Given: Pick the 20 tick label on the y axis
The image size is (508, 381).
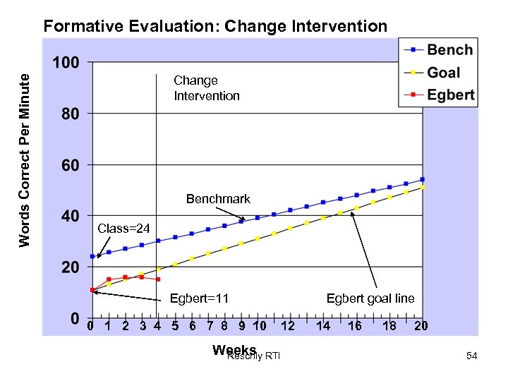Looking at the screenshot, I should [69, 267].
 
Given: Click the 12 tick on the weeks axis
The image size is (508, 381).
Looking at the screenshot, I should [287, 326].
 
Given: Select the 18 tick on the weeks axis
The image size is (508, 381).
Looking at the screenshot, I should [389, 326].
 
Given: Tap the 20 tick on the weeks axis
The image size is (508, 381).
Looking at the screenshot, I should [421, 326].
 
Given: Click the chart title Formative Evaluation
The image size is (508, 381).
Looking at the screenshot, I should [215, 27].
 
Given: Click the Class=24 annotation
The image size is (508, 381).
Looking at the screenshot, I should [123, 229].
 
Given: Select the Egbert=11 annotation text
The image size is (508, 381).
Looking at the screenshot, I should [199, 298].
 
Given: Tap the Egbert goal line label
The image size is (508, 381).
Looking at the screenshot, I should [370, 298].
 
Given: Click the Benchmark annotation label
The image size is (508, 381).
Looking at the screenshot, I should [218, 199].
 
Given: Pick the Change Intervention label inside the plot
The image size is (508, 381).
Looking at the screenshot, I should [207, 88].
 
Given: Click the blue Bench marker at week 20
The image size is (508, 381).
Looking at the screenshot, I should [423, 179].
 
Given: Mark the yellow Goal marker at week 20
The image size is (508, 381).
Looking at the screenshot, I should [423, 187].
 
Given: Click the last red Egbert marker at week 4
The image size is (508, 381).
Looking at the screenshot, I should [158, 279].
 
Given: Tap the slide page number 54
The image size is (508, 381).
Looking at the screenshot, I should [472, 358].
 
